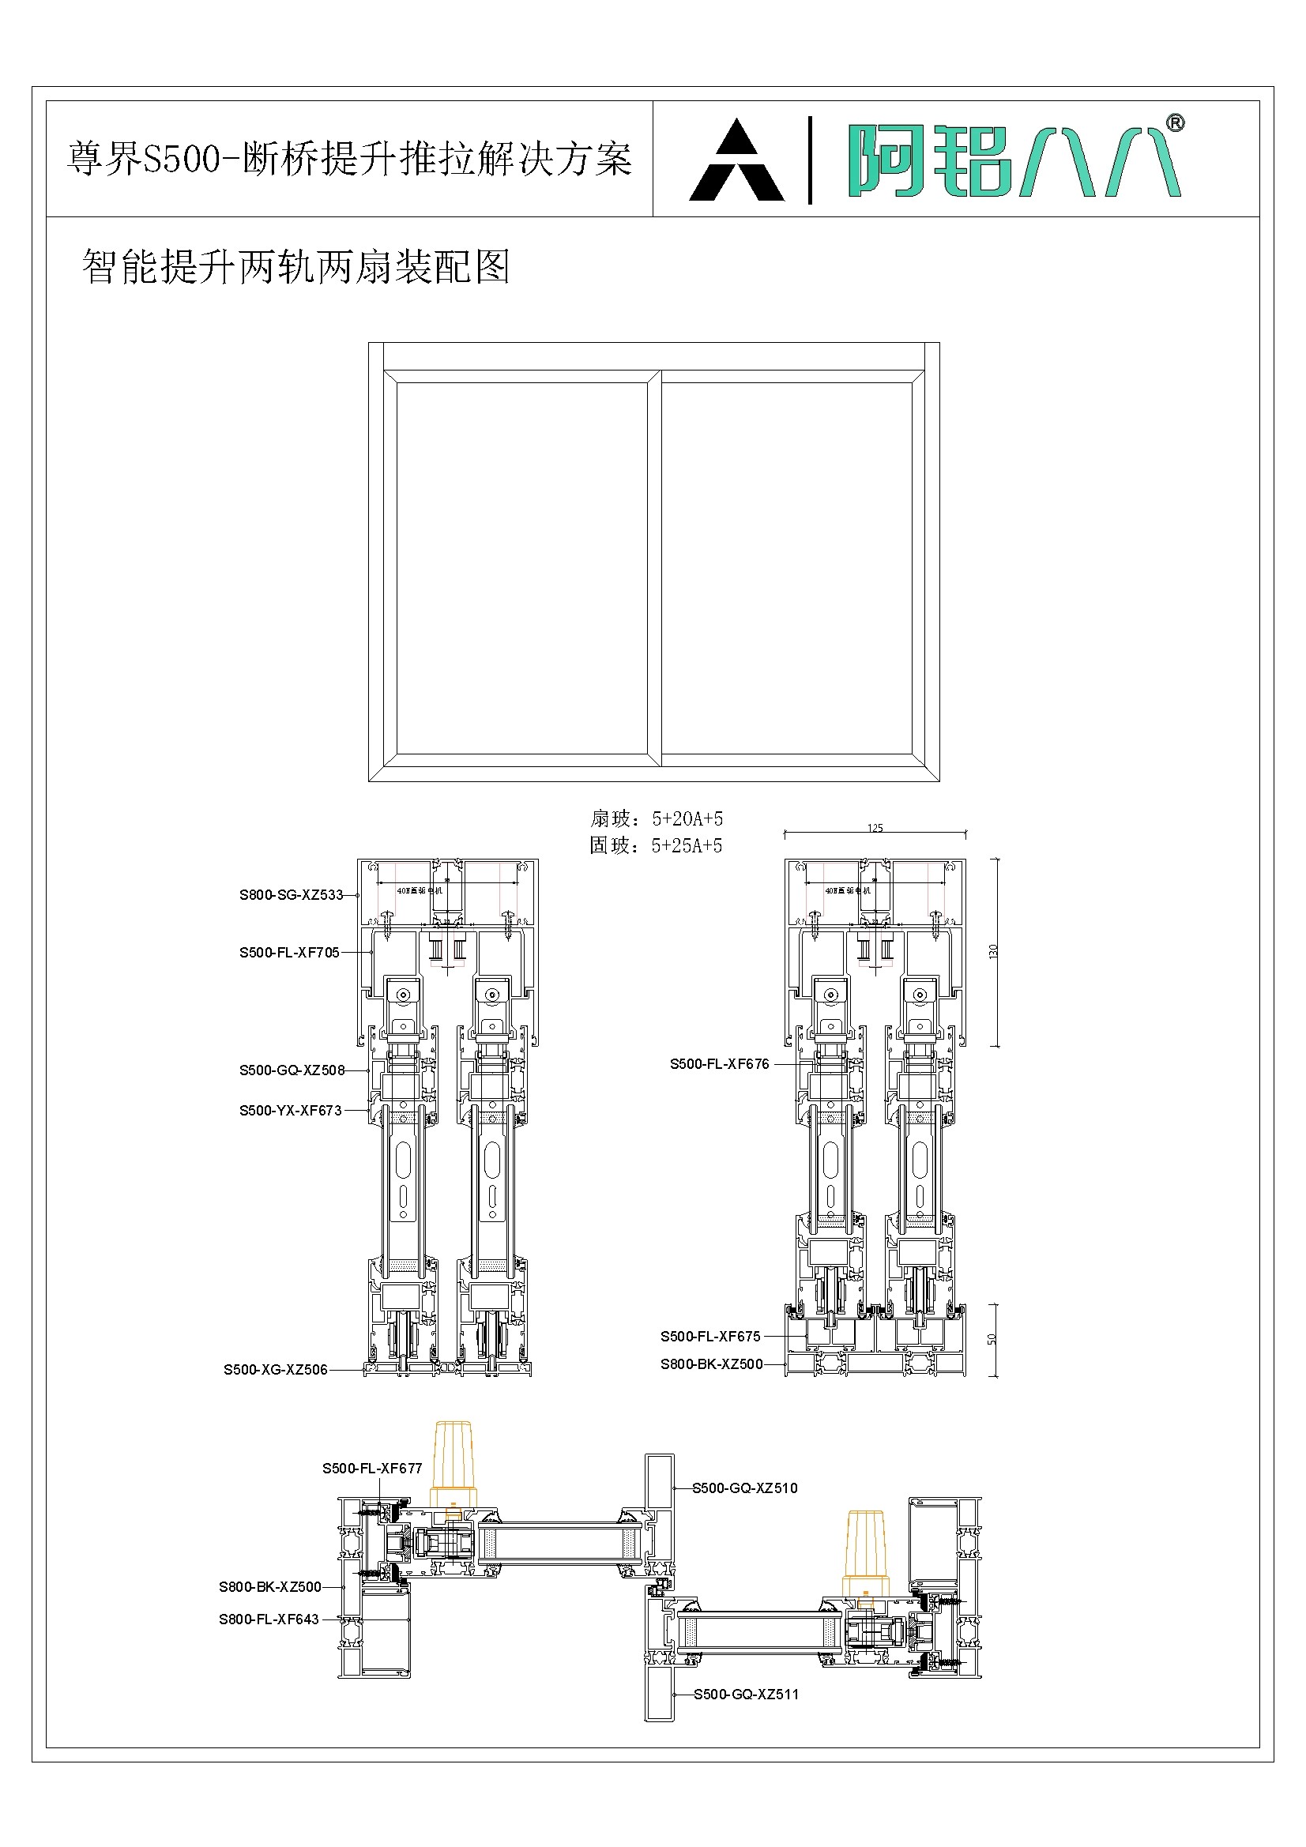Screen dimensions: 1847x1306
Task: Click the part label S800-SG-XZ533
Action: click(x=291, y=894)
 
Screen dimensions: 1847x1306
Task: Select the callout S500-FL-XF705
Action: click(x=289, y=953)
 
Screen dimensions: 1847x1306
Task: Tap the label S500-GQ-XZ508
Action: click(x=292, y=1070)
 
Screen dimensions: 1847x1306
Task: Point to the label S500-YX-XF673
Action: click(x=290, y=1110)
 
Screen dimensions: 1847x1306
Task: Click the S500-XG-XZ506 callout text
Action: click(x=275, y=1369)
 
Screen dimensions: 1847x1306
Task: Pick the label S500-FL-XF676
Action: click(x=720, y=1063)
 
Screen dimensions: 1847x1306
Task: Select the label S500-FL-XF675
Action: click(x=709, y=1336)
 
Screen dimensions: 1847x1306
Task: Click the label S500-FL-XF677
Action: click(x=372, y=1468)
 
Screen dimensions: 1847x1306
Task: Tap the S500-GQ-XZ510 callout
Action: click(x=745, y=1488)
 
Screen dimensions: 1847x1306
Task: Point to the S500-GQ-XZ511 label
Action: click(x=746, y=1695)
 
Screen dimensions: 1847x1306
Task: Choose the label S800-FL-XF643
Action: click(x=269, y=1619)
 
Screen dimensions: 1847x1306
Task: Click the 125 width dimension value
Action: click(x=875, y=828)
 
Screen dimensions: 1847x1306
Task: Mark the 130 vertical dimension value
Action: click(x=993, y=952)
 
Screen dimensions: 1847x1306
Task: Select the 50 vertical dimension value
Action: click(x=992, y=1339)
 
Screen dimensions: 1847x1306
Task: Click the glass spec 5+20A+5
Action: click(x=687, y=819)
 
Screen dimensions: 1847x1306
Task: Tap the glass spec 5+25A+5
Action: click(x=687, y=845)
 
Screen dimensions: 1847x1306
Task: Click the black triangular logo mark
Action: click(x=736, y=161)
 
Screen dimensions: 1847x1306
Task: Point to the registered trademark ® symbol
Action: click(x=1175, y=123)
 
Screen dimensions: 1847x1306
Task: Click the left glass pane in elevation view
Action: click(x=521, y=568)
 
